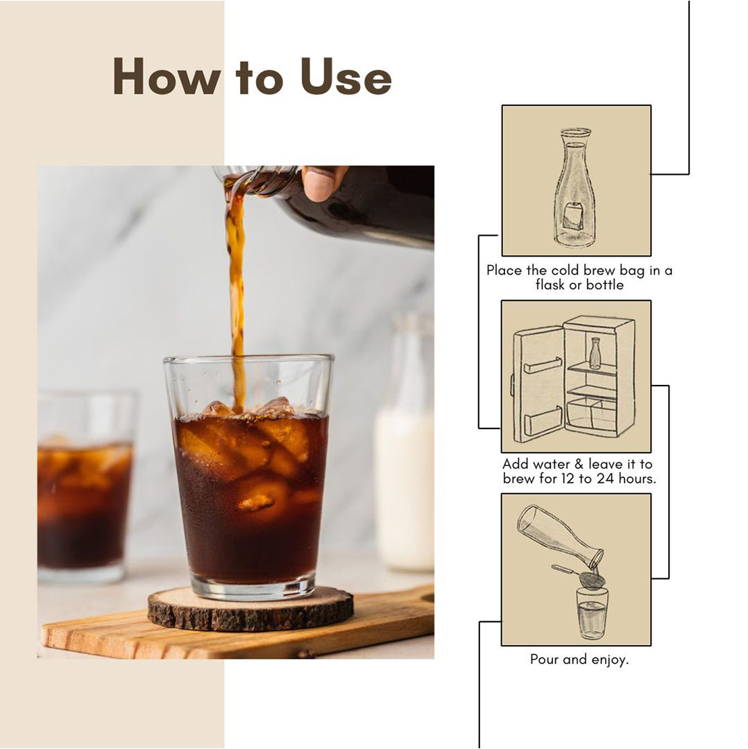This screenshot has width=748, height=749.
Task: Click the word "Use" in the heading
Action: coord(346,77)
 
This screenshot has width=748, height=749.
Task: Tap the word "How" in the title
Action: coord(167,77)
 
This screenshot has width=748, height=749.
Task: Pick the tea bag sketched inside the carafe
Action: coord(572,217)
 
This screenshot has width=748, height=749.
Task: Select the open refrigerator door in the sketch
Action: coord(538,385)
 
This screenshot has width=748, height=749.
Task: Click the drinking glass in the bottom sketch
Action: coord(592,614)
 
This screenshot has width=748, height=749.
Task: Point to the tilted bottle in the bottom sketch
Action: coord(559,536)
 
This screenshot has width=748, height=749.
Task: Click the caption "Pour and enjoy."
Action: coord(579,660)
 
